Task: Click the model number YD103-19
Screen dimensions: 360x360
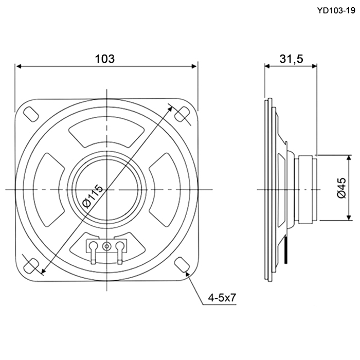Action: pyautogui.click(x=336, y=10)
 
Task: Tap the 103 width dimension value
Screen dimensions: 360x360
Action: pyautogui.click(x=105, y=59)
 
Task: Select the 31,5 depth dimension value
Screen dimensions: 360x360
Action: pyautogui.click(x=291, y=59)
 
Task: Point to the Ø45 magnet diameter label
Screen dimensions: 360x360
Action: pyautogui.click(x=341, y=188)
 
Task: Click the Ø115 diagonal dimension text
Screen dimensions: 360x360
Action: pyautogui.click(x=93, y=196)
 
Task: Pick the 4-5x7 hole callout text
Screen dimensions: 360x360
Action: pyautogui.click(x=222, y=298)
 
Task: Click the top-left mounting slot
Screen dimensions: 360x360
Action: pyautogui.click(x=31, y=114)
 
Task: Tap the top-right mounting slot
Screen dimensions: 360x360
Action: pyautogui.click(x=182, y=114)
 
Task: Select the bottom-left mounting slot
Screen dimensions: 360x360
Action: pyautogui.click(x=31, y=266)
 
